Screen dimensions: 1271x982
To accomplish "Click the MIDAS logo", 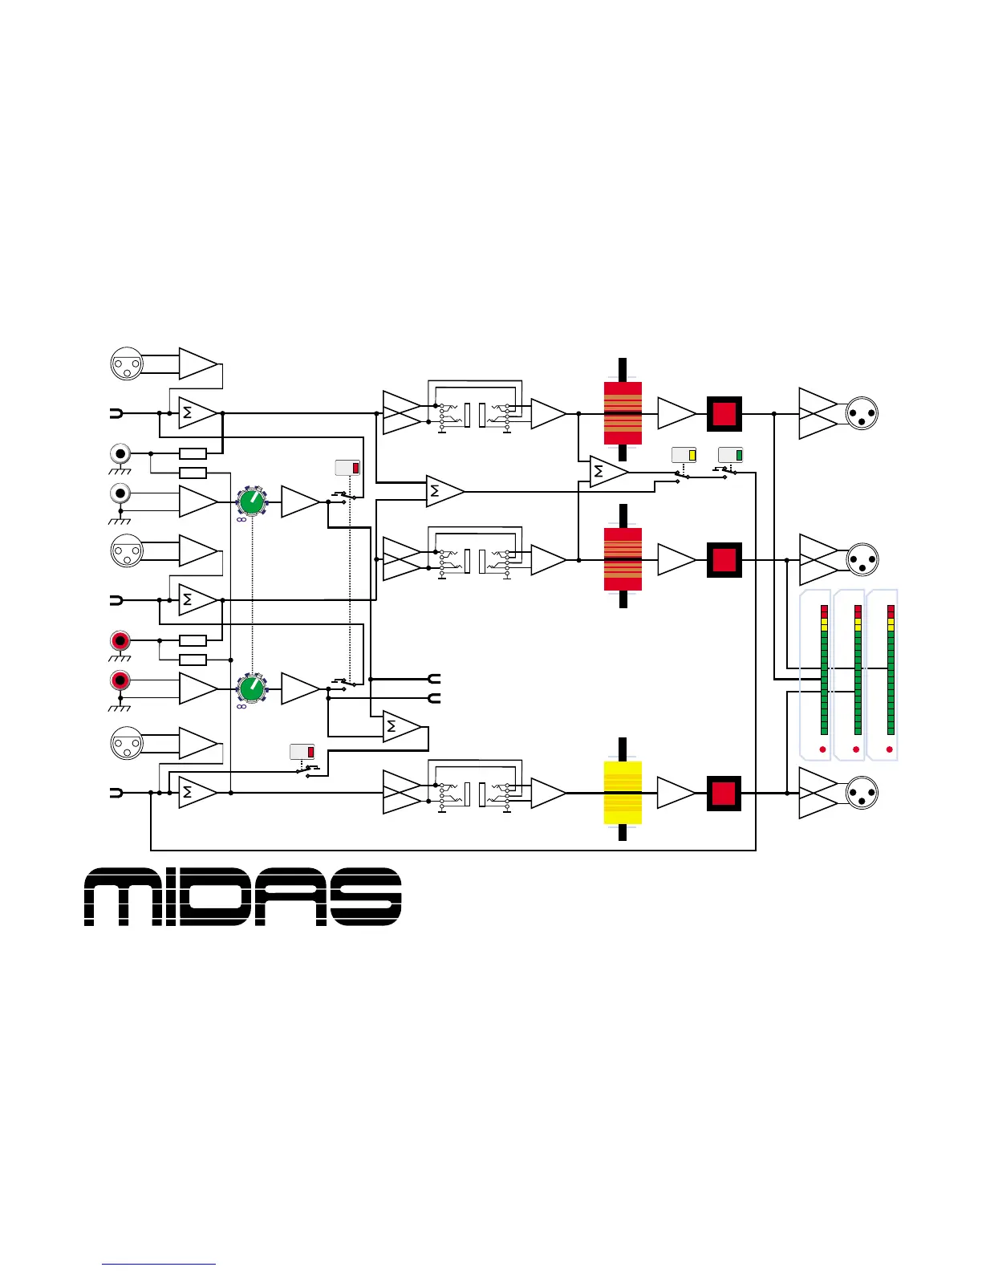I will [x=242, y=896].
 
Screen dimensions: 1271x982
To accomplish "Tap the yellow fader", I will [x=623, y=793].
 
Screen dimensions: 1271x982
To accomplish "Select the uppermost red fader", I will [x=623, y=413].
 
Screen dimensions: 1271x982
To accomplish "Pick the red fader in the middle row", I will [x=623, y=559].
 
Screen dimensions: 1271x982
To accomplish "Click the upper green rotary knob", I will [x=252, y=502].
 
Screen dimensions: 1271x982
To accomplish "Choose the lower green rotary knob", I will [x=252, y=688].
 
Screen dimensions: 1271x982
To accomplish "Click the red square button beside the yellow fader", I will [x=724, y=793].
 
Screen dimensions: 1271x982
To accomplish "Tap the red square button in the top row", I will [x=724, y=413].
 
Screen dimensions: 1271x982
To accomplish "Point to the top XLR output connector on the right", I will [x=862, y=413].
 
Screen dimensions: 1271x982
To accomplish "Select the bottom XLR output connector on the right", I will [x=862, y=793].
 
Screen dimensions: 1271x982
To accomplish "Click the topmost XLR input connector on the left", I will [x=126, y=363].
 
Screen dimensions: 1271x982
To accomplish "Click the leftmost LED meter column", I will [x=823, y=670].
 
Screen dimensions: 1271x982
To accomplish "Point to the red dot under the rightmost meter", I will [x=890, y=749].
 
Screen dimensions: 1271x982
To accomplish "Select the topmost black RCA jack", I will [x=120, y=453].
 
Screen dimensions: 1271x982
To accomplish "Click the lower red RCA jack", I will [x=120, y=680].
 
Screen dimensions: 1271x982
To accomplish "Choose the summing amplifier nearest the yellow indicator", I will [x=609, y=472].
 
